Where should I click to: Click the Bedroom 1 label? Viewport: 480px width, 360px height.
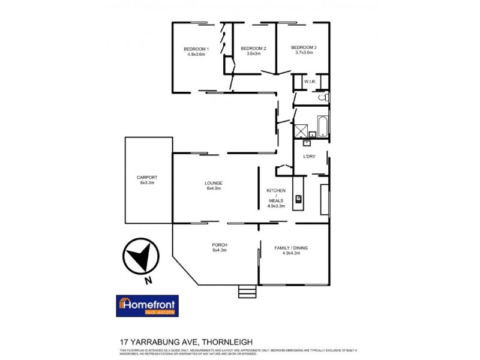(x=196, y=49)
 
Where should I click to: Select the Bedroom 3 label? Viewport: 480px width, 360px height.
(x=303, y=48)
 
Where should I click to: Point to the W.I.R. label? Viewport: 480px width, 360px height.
(x=310, y=82)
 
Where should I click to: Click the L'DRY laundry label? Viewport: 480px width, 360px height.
(x=309, y=157)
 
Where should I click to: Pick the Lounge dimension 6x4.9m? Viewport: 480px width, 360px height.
(x=214, y=188)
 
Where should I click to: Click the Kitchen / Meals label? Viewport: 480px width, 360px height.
(x=276, y=195)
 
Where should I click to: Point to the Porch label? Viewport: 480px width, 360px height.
(x=219, y=245)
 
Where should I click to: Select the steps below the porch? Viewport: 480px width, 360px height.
(x=247, y=292)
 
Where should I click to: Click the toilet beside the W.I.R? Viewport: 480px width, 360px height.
(x=322, y=97)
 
